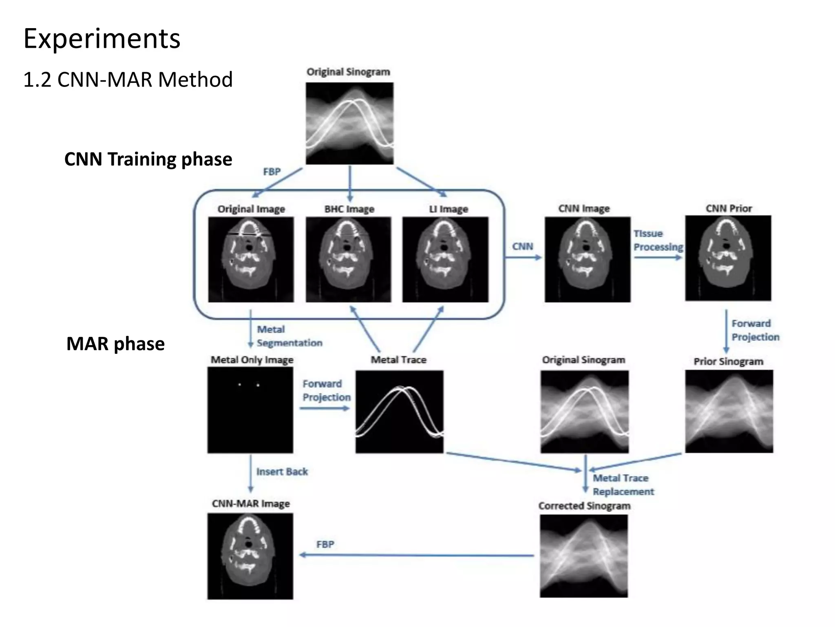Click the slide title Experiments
(102, 39)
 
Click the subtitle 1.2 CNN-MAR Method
(128, 79)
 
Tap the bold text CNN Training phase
(148, 159)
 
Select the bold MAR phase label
(115, 344)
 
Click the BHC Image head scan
(349, 260)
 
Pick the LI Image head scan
(445, 260)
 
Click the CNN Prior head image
(728, 258)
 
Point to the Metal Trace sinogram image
(399, 411)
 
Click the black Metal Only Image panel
(250, 410)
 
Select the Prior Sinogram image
(729, 411)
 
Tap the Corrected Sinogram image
(584, 556)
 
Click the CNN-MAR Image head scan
(250, 556)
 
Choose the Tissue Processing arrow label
(658, 240)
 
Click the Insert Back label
(282, 472)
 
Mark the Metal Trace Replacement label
(623, 485)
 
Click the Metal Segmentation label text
(289, 336)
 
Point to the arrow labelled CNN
(524, 257)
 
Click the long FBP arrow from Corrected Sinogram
(416, 555)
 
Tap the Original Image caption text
(251, 209)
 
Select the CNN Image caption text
(584, 209)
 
